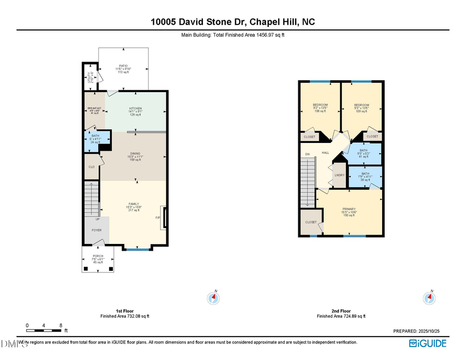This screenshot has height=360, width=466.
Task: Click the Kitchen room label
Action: point(135,109)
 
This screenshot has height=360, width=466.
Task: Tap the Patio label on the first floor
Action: point(123,66)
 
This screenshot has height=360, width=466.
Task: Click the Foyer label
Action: point(97,230)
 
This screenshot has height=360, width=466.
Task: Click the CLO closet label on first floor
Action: point(92,167)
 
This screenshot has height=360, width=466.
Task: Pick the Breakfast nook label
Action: point(94,109)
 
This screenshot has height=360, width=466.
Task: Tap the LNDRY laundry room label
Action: point(340,175)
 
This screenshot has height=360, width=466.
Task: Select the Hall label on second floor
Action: point(325,153)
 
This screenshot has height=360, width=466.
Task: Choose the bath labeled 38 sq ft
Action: point(366,174)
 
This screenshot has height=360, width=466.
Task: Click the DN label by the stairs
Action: point(307,154)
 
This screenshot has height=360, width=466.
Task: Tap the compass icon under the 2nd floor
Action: point(429,298)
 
